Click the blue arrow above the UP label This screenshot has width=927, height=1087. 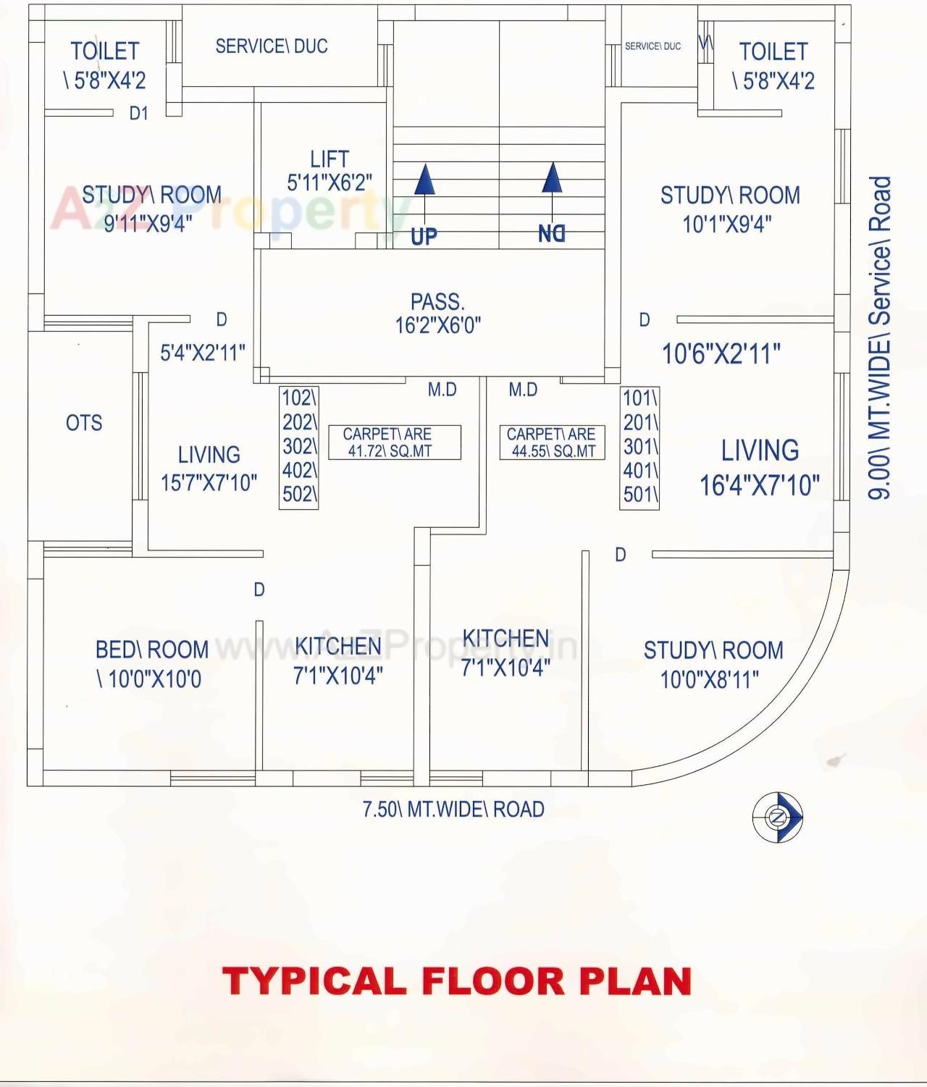click(425, 180)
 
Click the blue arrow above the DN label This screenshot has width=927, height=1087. click(553, 178)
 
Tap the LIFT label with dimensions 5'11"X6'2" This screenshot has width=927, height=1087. click(330, 171)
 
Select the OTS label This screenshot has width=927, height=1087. click(84, 423)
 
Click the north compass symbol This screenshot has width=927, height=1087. click(778, 818)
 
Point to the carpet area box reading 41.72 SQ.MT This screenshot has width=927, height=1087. click(394, 442)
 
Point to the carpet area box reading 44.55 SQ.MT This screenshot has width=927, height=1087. click(552, 442)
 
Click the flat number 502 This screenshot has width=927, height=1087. click(299, 495)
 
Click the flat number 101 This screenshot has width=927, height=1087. click(640, 398)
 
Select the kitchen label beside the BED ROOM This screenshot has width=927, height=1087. click(337, 660)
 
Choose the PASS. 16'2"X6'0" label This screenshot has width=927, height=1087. click(437, 313)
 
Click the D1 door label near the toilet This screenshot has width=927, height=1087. click(138, 114)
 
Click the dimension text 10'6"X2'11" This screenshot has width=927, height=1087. click(721, 354)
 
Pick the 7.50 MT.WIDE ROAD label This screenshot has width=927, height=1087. click(453, 809)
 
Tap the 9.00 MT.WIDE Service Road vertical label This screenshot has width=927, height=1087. click(879, 337)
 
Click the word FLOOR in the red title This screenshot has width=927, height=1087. click(493, 982)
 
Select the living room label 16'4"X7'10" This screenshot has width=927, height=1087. click(759, 468)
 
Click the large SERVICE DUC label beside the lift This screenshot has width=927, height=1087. click(272, 46)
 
